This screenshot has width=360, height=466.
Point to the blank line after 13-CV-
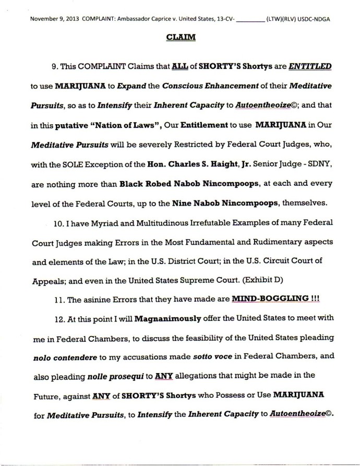point(251,19)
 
